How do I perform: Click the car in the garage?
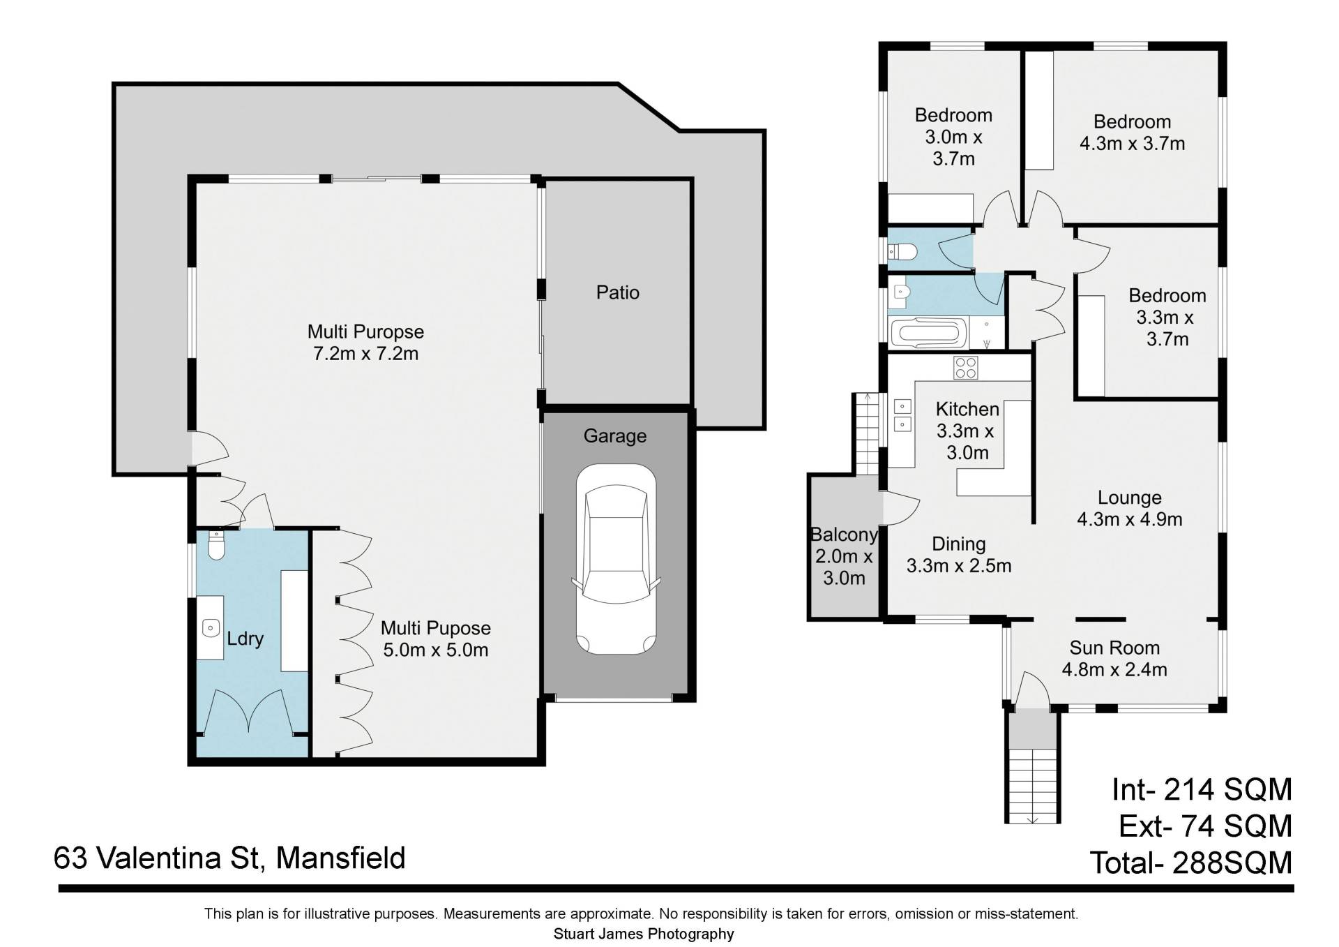(616, 559)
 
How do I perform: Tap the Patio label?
(617, 292)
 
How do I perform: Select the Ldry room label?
(245, 639)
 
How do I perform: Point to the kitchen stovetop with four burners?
(966, 367)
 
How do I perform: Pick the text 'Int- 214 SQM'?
(1202, 789)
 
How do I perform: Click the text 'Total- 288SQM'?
(1191, 863)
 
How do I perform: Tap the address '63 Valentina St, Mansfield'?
(229, 858)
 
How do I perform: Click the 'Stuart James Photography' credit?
(644, 934)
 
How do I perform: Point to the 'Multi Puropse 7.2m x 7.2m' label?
(365, 342)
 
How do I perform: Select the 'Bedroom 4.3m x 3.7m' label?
(1132, 133)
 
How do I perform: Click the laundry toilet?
(217, 546)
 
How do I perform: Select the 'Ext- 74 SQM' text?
(1206, 826)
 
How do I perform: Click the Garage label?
(614, 436)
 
